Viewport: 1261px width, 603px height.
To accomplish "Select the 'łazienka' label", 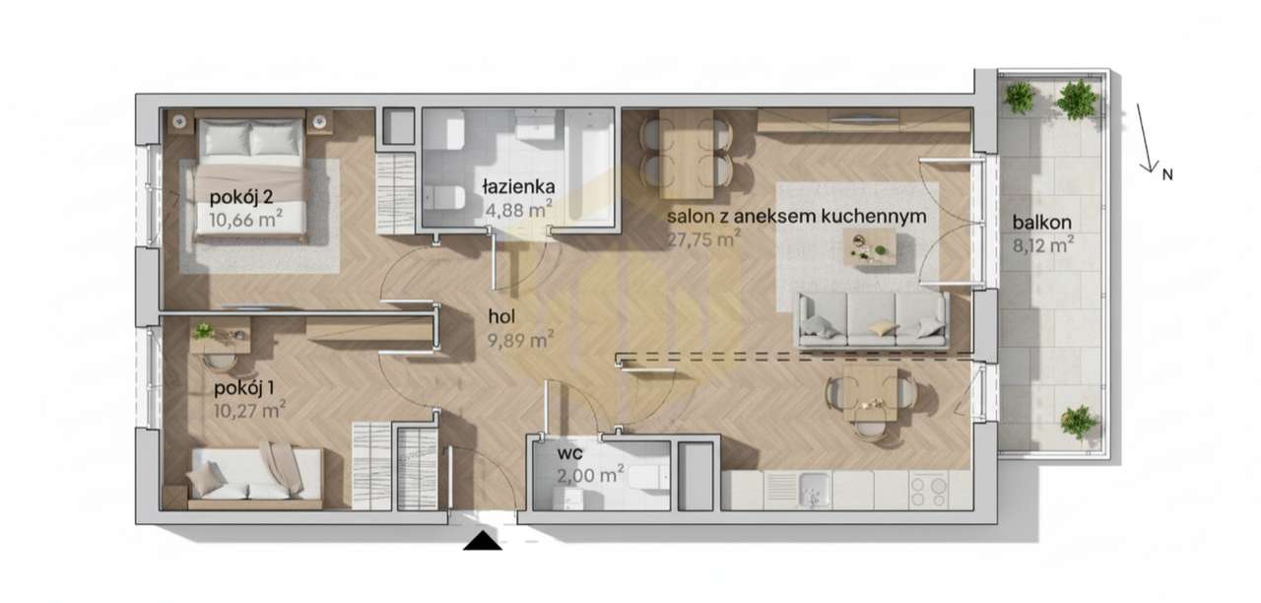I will (518, 186).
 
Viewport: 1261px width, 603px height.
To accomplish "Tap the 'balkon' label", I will (1042, 223).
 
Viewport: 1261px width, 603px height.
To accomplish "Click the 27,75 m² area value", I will (703, 238).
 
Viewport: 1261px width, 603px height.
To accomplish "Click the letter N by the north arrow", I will (1166, 175).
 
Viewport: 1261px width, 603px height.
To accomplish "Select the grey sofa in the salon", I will (873, 319).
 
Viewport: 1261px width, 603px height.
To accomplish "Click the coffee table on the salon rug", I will (870, 247).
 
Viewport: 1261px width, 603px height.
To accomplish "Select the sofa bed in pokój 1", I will (255, 477).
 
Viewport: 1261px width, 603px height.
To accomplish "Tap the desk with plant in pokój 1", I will (221, 337).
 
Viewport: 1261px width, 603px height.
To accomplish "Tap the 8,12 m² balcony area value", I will (1042, 246).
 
